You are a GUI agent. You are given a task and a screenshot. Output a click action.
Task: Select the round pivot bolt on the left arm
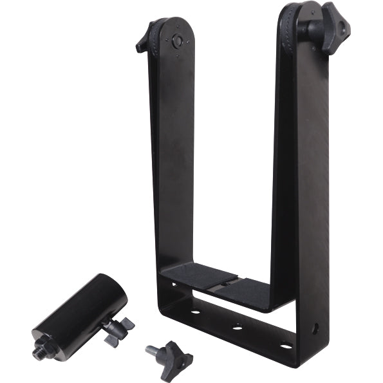tap(177, 41)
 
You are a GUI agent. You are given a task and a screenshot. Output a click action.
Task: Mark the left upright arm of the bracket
tap(172, 161)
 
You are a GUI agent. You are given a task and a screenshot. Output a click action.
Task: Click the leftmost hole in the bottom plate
tap(196, 312)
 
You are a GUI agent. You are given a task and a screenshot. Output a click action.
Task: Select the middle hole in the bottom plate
tap(238, 328)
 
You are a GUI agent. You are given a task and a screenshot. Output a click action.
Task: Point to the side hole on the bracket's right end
tap(315, 328)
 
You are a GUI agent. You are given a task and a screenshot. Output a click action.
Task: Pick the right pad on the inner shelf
tap(248, 290)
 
